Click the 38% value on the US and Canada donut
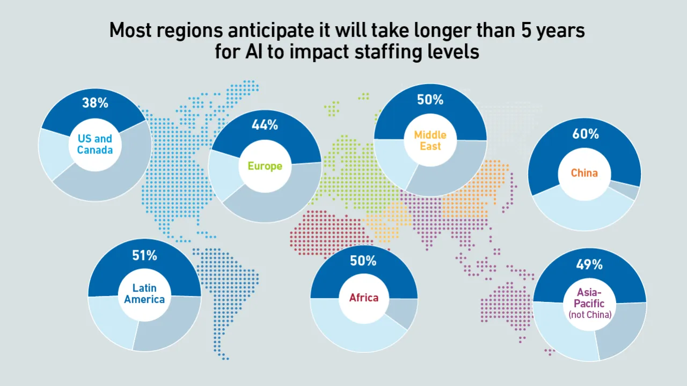coord(95,103)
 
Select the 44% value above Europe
coord(265,125)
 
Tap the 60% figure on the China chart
coord(585,134)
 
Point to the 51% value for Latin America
coord(144,256)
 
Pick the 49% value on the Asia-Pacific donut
coord(589,264)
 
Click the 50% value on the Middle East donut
coord(430,100)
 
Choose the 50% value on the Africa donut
coord(363,261)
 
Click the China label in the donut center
coord(584,173)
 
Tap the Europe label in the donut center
coord(265,166)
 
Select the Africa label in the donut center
coord(364,298)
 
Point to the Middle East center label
coord(430,140)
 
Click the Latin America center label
coord(144,294)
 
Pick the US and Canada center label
coord(95,144)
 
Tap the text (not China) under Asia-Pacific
coord(590,315)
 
